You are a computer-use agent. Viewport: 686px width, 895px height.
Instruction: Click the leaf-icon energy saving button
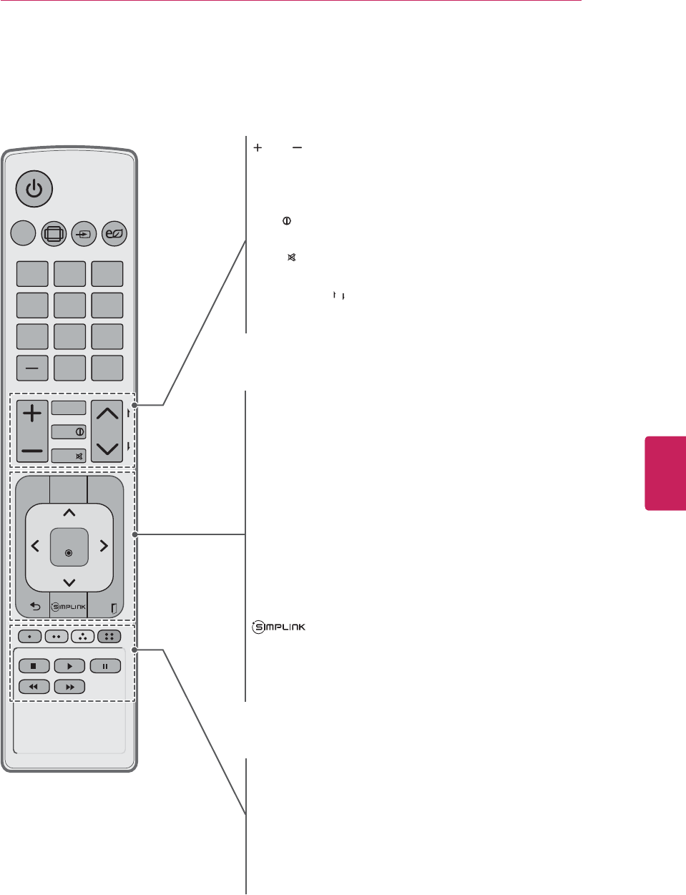(x=114, y=233)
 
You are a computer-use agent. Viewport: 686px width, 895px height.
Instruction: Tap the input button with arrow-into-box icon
(x=84, y=233)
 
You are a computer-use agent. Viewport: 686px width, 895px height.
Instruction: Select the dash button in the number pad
(x=32, y=368)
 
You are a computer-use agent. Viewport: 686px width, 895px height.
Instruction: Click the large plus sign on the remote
(x=32, y=413)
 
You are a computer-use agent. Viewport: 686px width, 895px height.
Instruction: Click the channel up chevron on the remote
(x=107, y=413)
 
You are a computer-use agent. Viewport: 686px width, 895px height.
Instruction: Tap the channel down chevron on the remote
(x=107, y=449)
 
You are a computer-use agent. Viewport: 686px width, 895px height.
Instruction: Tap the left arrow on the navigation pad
(x=35, y=546)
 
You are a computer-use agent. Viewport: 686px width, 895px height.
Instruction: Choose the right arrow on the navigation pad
(x=103, y=546)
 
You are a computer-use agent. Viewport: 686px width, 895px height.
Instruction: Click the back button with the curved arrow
(x=34, y=607)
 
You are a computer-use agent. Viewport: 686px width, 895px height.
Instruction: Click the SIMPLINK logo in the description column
(x=279, y=627)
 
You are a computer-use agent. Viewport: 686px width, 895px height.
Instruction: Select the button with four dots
(x=109, y=636)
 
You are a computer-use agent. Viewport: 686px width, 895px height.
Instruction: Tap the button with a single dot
(x=29, y=636)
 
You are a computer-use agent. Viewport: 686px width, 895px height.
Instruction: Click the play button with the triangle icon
(x=69, y=666)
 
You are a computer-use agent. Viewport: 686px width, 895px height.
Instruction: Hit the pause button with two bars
(x=105, y=666)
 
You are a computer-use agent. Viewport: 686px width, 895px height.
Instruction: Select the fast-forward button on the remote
(x=69, y=687)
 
